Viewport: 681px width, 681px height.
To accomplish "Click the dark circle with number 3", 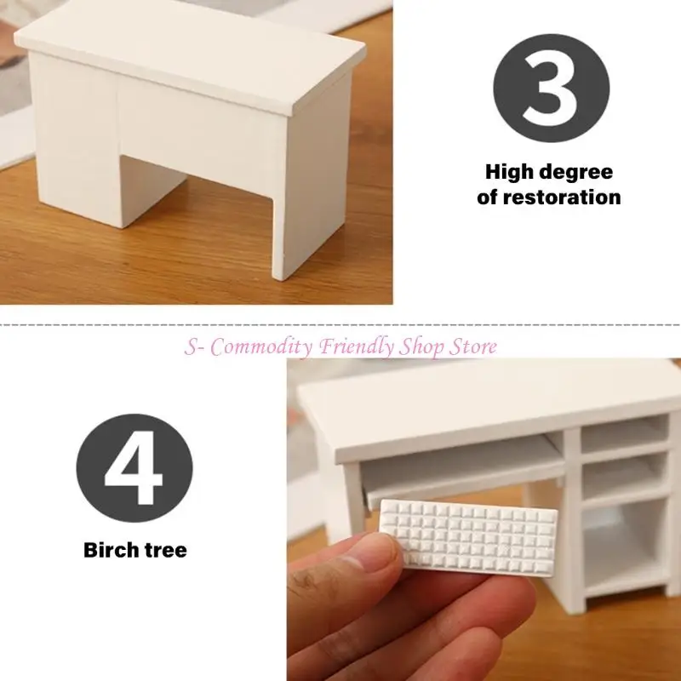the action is click(551, 88).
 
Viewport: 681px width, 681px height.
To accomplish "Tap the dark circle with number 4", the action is click(134, 467).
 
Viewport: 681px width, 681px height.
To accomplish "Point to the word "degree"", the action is click(571, 173).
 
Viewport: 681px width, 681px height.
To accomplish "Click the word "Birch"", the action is click(111, 550).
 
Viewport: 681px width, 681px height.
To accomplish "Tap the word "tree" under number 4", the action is click(166, 550).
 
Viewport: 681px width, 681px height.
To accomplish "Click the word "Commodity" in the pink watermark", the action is click(261, 347).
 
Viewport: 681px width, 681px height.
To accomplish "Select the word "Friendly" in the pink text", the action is click(357, 346).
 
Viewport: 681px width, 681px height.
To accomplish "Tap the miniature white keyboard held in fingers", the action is click(468, 537).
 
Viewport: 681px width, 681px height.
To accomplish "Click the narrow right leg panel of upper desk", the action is click(311, 178).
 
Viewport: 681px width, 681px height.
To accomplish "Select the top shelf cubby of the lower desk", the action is click(625, 433).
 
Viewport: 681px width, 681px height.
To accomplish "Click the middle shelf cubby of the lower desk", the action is click(624, 476).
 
